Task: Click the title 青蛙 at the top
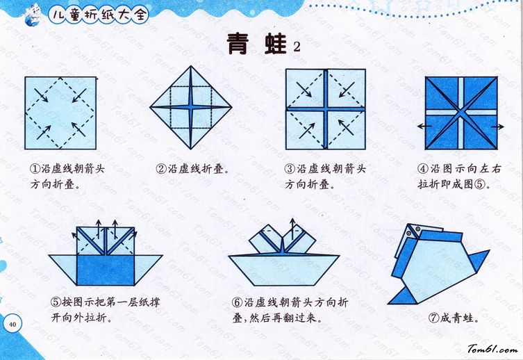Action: (256, 44)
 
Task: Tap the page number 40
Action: (13, 325)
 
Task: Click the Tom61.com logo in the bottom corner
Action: (492, 349)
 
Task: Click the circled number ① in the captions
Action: (35, 168)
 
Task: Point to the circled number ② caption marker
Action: (161, 168)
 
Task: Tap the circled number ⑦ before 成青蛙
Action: (433, 318)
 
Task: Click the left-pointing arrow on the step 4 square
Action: (424, 126)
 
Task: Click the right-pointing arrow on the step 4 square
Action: (497, 126)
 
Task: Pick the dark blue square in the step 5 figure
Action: (106, 270)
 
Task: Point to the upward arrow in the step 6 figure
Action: (292, 229)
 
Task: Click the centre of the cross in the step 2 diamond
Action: (191, 108)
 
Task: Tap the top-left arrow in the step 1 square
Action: (41, 95)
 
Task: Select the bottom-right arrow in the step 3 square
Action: (346, 127)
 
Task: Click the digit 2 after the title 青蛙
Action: (297, 47)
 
